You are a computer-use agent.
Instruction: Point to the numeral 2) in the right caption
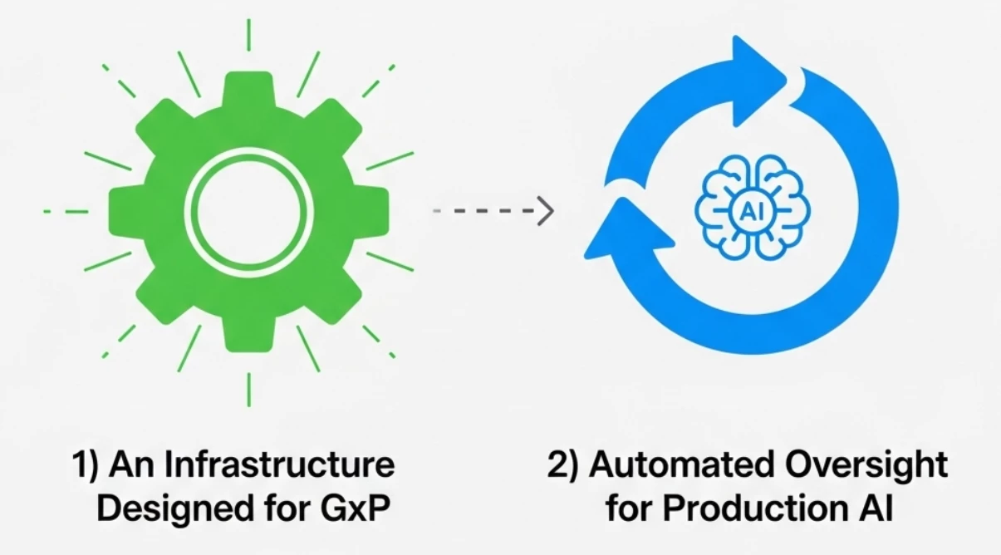563,465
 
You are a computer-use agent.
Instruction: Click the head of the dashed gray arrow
545,211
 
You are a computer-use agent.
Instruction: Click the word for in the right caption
626,508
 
